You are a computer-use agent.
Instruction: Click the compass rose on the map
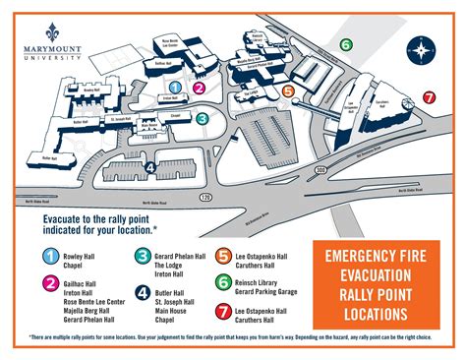(x=422, y=50)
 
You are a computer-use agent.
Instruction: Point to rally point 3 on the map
(x=202, y=119)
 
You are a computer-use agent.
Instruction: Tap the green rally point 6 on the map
(x=345, y=45)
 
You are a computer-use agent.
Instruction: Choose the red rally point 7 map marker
(x=429, y=97)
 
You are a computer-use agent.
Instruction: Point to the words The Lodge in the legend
(x=173, y=263)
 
